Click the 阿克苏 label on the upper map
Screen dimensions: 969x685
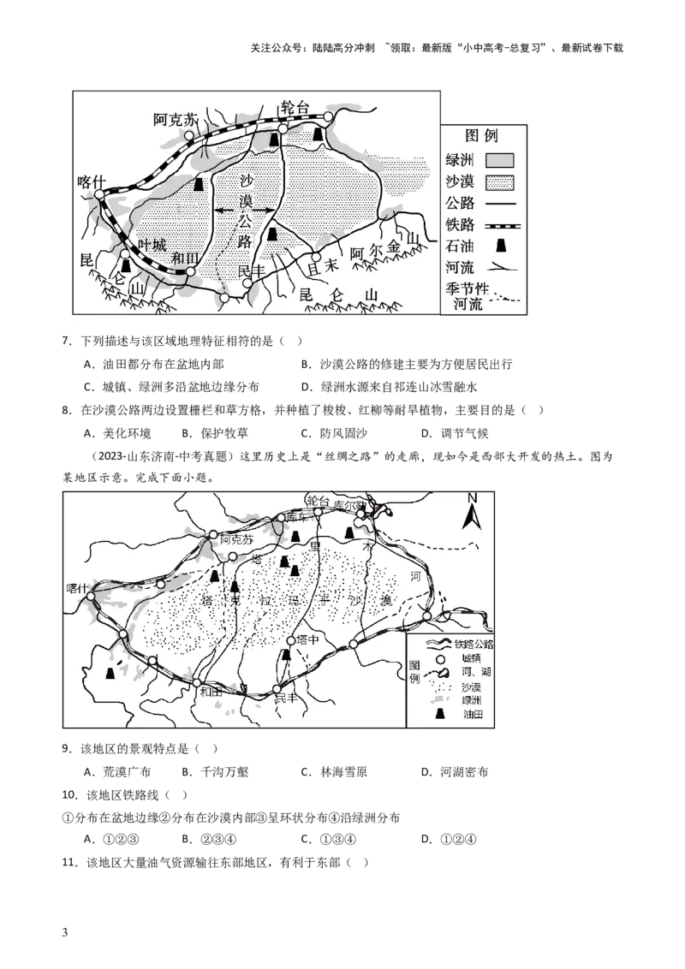pos(176,119)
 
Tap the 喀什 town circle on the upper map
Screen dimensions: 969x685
pos(99,195)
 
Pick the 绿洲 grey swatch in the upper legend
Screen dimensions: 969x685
pos(500,160)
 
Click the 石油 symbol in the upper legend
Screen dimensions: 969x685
pos(500,247)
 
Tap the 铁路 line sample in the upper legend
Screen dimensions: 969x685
pos(500,225)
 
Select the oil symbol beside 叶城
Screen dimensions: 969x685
pos(127,256)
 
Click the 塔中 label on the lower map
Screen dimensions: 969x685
pos(307,640)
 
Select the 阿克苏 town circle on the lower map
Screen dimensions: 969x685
pos(213,535)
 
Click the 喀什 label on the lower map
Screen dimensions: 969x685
pos(78,588)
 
